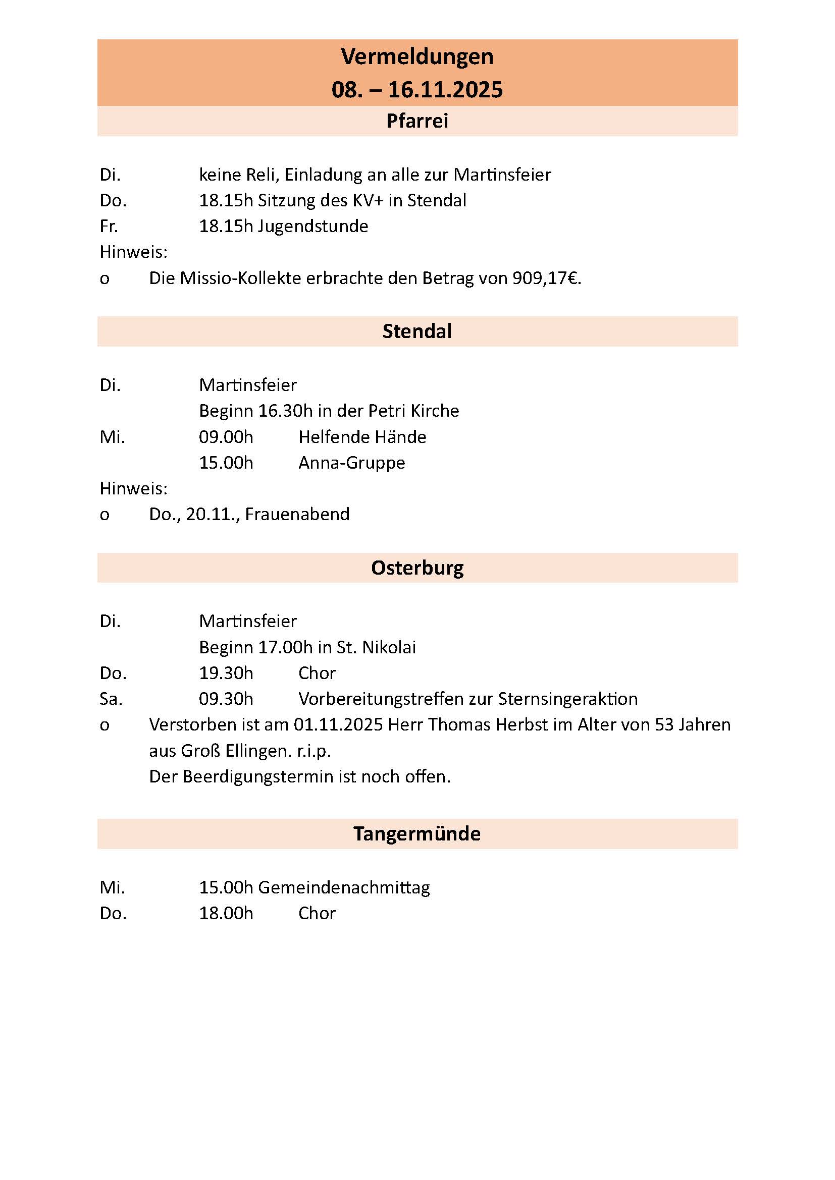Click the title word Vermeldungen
coord(417,57)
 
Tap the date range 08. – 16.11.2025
coord(417,90)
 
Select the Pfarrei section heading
coord(417,121)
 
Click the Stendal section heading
coord(417,331)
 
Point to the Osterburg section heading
coord(417,568)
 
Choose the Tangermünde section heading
coord(417,833)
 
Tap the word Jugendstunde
coord(312,227)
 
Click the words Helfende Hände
coord(362,437)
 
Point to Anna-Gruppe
coord(352,463)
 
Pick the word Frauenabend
coord(297,514)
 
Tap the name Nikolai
coord(389,647)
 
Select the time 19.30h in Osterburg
coord(226,673)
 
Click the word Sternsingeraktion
coord(567,699)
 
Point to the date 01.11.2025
coord(338,724)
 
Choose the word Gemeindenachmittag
coord(343,887)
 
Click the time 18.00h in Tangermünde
coord(226,913)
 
